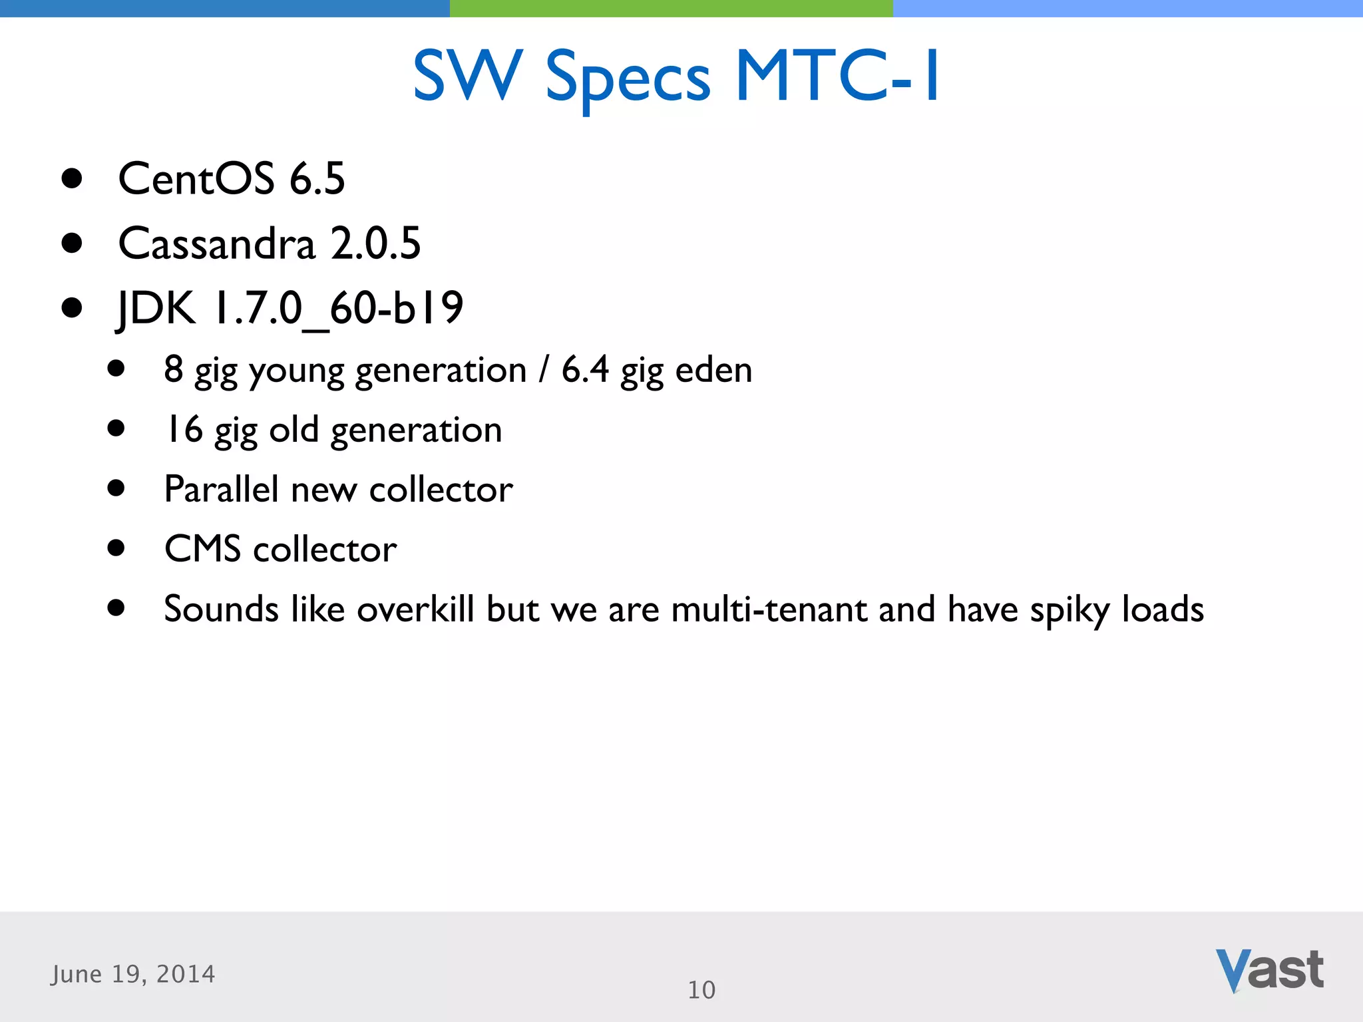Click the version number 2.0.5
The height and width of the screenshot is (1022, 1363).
pyautogui.click(x=376, y=244)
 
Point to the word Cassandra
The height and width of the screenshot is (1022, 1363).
pyautogui.click(x=216, y=244)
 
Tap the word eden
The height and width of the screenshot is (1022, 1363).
pyautogui.click(x=713, y=370)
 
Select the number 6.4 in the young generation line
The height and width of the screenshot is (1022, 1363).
pyautogui.click(x=585, y=369)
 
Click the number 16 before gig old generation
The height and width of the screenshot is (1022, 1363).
pyautogui.click(x=184, y=429)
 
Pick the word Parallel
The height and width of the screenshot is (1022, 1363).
pyautogui.click(x=222, y=489)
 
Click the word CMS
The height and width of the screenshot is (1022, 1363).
pyautogui.click(x=202, y=549)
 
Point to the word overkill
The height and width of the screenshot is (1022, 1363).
pyautogui.click(x=415, y=609)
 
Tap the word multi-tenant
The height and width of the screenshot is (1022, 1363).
pyautogui.click(x=769, y=609)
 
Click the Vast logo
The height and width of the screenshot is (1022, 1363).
pyautogui.click(x=1269, y=970)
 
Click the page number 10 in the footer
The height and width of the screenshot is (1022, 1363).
pyautogui.click(x=701, y=990)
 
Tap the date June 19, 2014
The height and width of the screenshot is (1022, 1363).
pyautogui.click(x=133, y=974)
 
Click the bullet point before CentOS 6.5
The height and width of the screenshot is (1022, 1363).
pyautogui.click(x=71, y=178)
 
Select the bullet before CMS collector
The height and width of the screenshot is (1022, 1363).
pyautogui.click(x=116, y=548)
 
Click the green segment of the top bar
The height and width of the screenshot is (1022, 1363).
pyautogui.click(x=671, y=8)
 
